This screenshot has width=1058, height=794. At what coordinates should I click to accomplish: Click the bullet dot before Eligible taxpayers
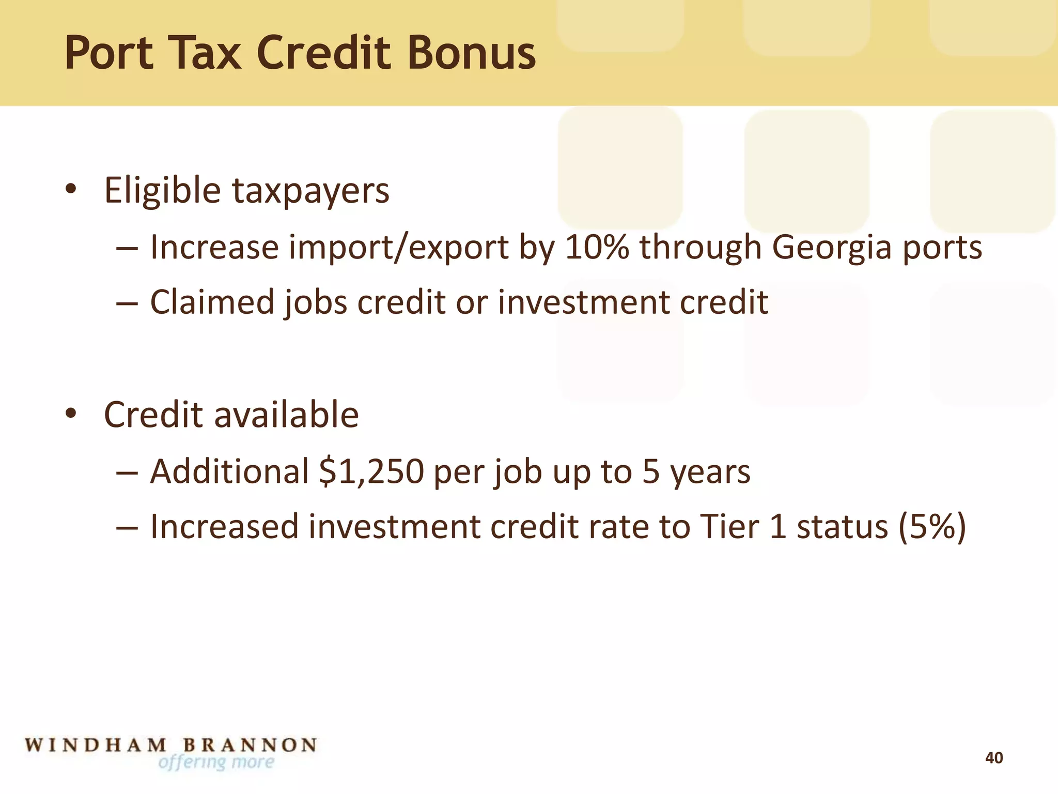71,190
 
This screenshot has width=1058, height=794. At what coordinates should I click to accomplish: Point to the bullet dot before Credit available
71,414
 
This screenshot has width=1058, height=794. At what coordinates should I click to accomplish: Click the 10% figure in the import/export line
597,247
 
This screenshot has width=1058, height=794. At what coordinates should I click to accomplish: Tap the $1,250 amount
371,471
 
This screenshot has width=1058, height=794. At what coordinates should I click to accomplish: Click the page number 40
994,758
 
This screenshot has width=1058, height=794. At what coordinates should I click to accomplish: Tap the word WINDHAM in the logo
96,745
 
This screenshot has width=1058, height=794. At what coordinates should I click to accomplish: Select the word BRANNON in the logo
251,745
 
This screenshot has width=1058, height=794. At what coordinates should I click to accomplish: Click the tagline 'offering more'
216,762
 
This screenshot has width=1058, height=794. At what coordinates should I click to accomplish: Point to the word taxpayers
310,191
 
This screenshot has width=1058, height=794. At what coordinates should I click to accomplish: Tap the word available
286,415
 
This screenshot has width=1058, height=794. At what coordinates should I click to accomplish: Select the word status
842,527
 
